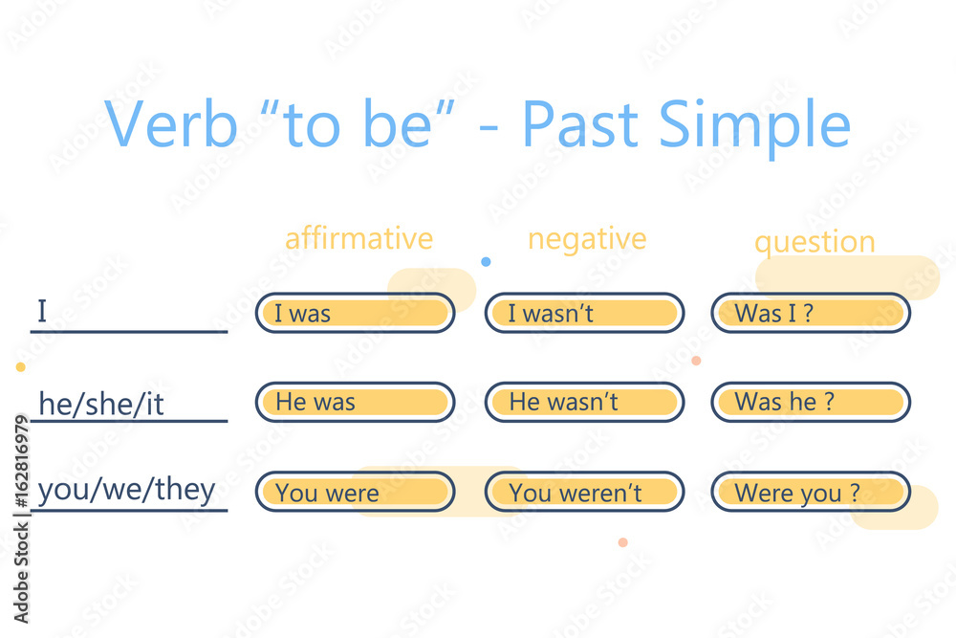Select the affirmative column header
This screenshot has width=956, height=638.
point(358,238)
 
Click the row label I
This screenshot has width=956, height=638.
point(42,312)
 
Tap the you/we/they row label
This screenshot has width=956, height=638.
point(126,491)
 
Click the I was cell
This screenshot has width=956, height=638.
point(355,313)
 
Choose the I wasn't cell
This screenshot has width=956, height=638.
point(584,313)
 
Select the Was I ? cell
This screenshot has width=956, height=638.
point(811,313)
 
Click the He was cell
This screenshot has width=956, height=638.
point(355,403)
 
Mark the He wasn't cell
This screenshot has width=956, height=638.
point(584,403)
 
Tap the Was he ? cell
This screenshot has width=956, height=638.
point(811,403)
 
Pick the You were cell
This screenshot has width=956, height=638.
point(355,493)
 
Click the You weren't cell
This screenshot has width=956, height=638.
point(584,493)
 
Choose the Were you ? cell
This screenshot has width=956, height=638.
point(811,493)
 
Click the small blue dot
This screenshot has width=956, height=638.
point(486,261)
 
